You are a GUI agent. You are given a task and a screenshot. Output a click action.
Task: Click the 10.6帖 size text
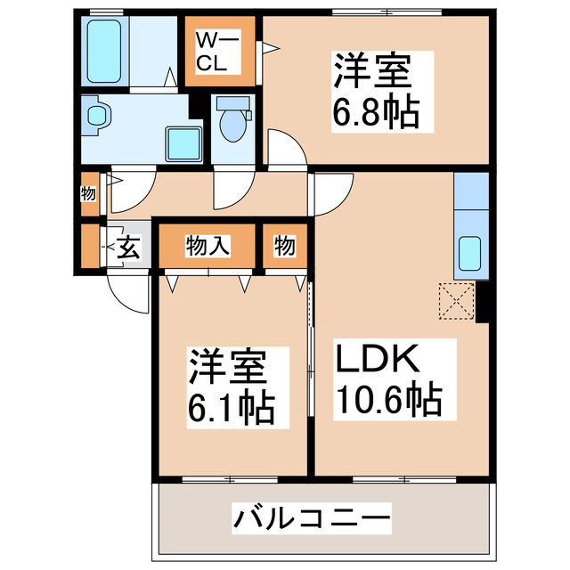[387, 400]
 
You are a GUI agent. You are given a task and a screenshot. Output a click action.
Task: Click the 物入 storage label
[208, 246]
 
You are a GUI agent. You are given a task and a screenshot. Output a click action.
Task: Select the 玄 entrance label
[130, 248]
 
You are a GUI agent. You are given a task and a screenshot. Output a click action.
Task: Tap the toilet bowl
[233, 124]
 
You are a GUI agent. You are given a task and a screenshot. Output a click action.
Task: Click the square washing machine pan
[185, 142]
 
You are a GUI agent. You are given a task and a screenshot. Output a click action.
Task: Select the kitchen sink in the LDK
[469, 255]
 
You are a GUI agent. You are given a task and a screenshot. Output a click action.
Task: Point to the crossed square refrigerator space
[456, 301]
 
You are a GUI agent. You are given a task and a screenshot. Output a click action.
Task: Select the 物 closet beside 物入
[284, 246]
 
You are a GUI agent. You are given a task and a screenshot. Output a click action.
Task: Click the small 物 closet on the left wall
[88, 193]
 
